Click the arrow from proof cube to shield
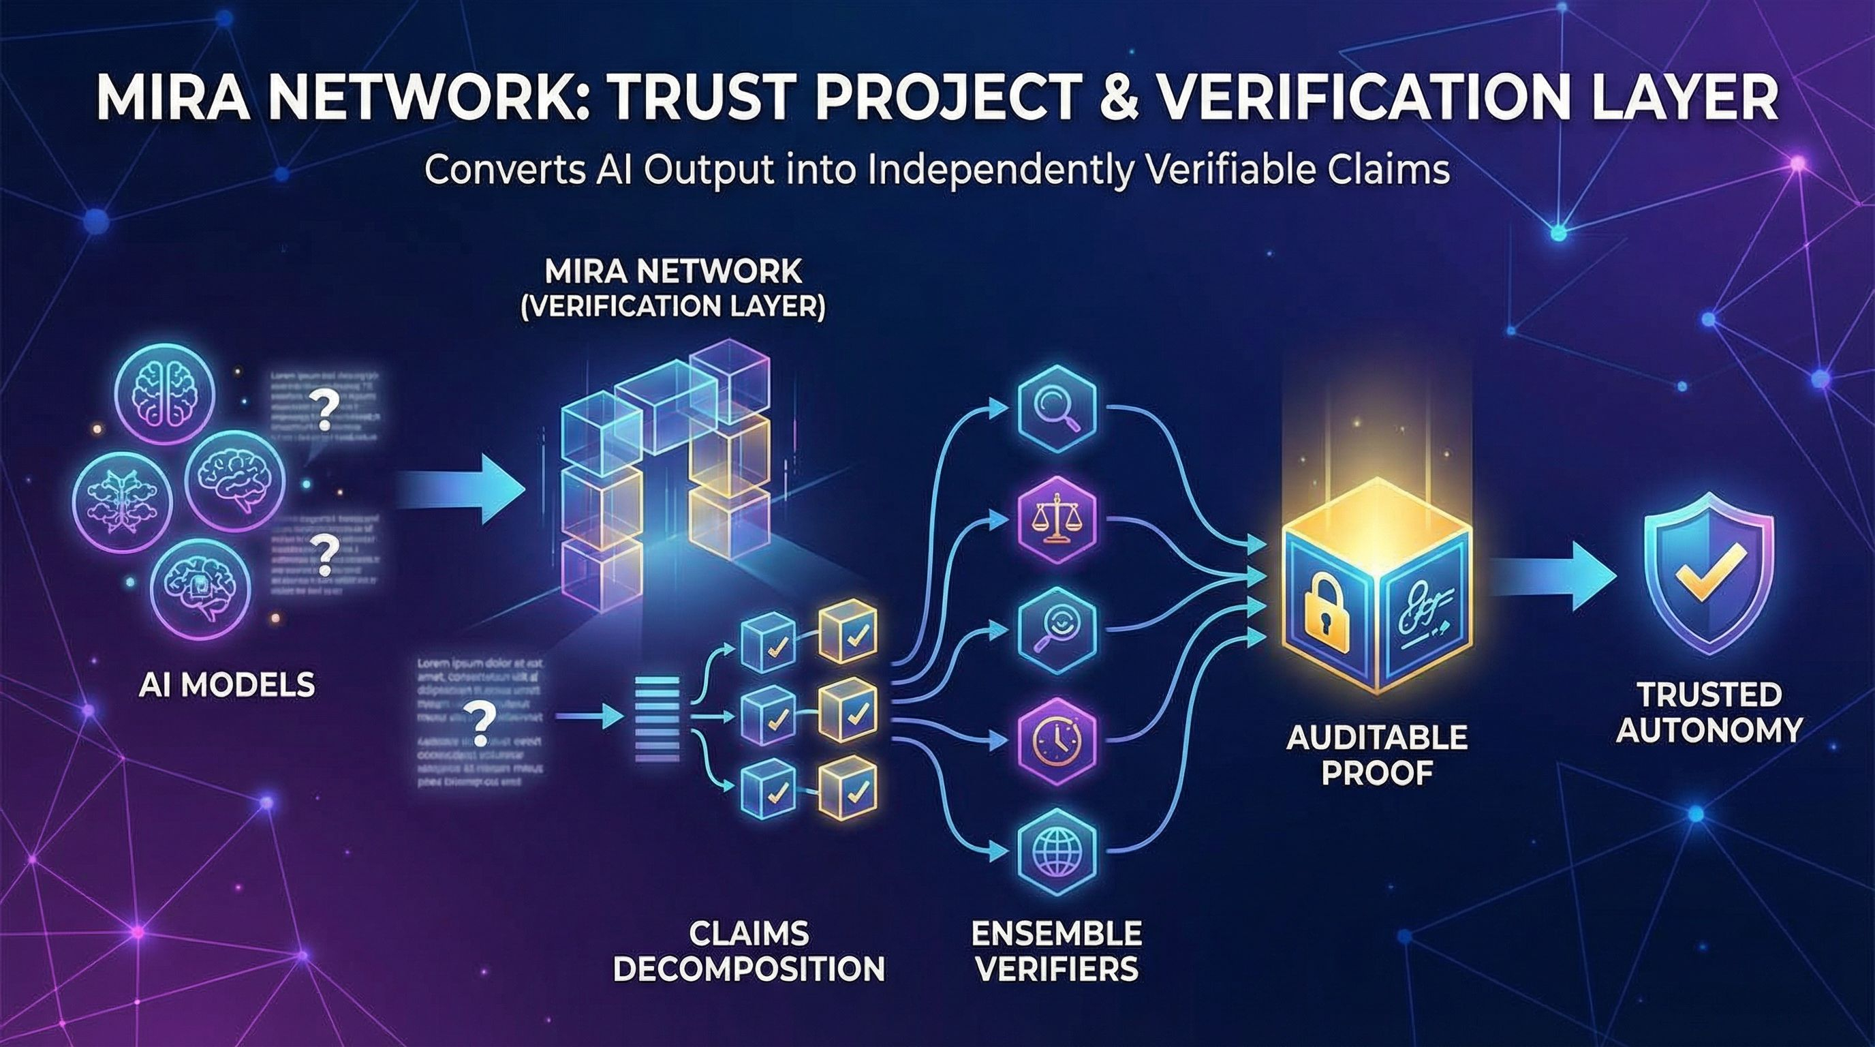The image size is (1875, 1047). pos(1551,575)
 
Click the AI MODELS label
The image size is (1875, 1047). pos(226,685)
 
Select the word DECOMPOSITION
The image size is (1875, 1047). pos(749,969)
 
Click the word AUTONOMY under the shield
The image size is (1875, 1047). pos(1709,729)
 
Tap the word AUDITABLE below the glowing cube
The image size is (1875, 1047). pos(1376,738)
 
